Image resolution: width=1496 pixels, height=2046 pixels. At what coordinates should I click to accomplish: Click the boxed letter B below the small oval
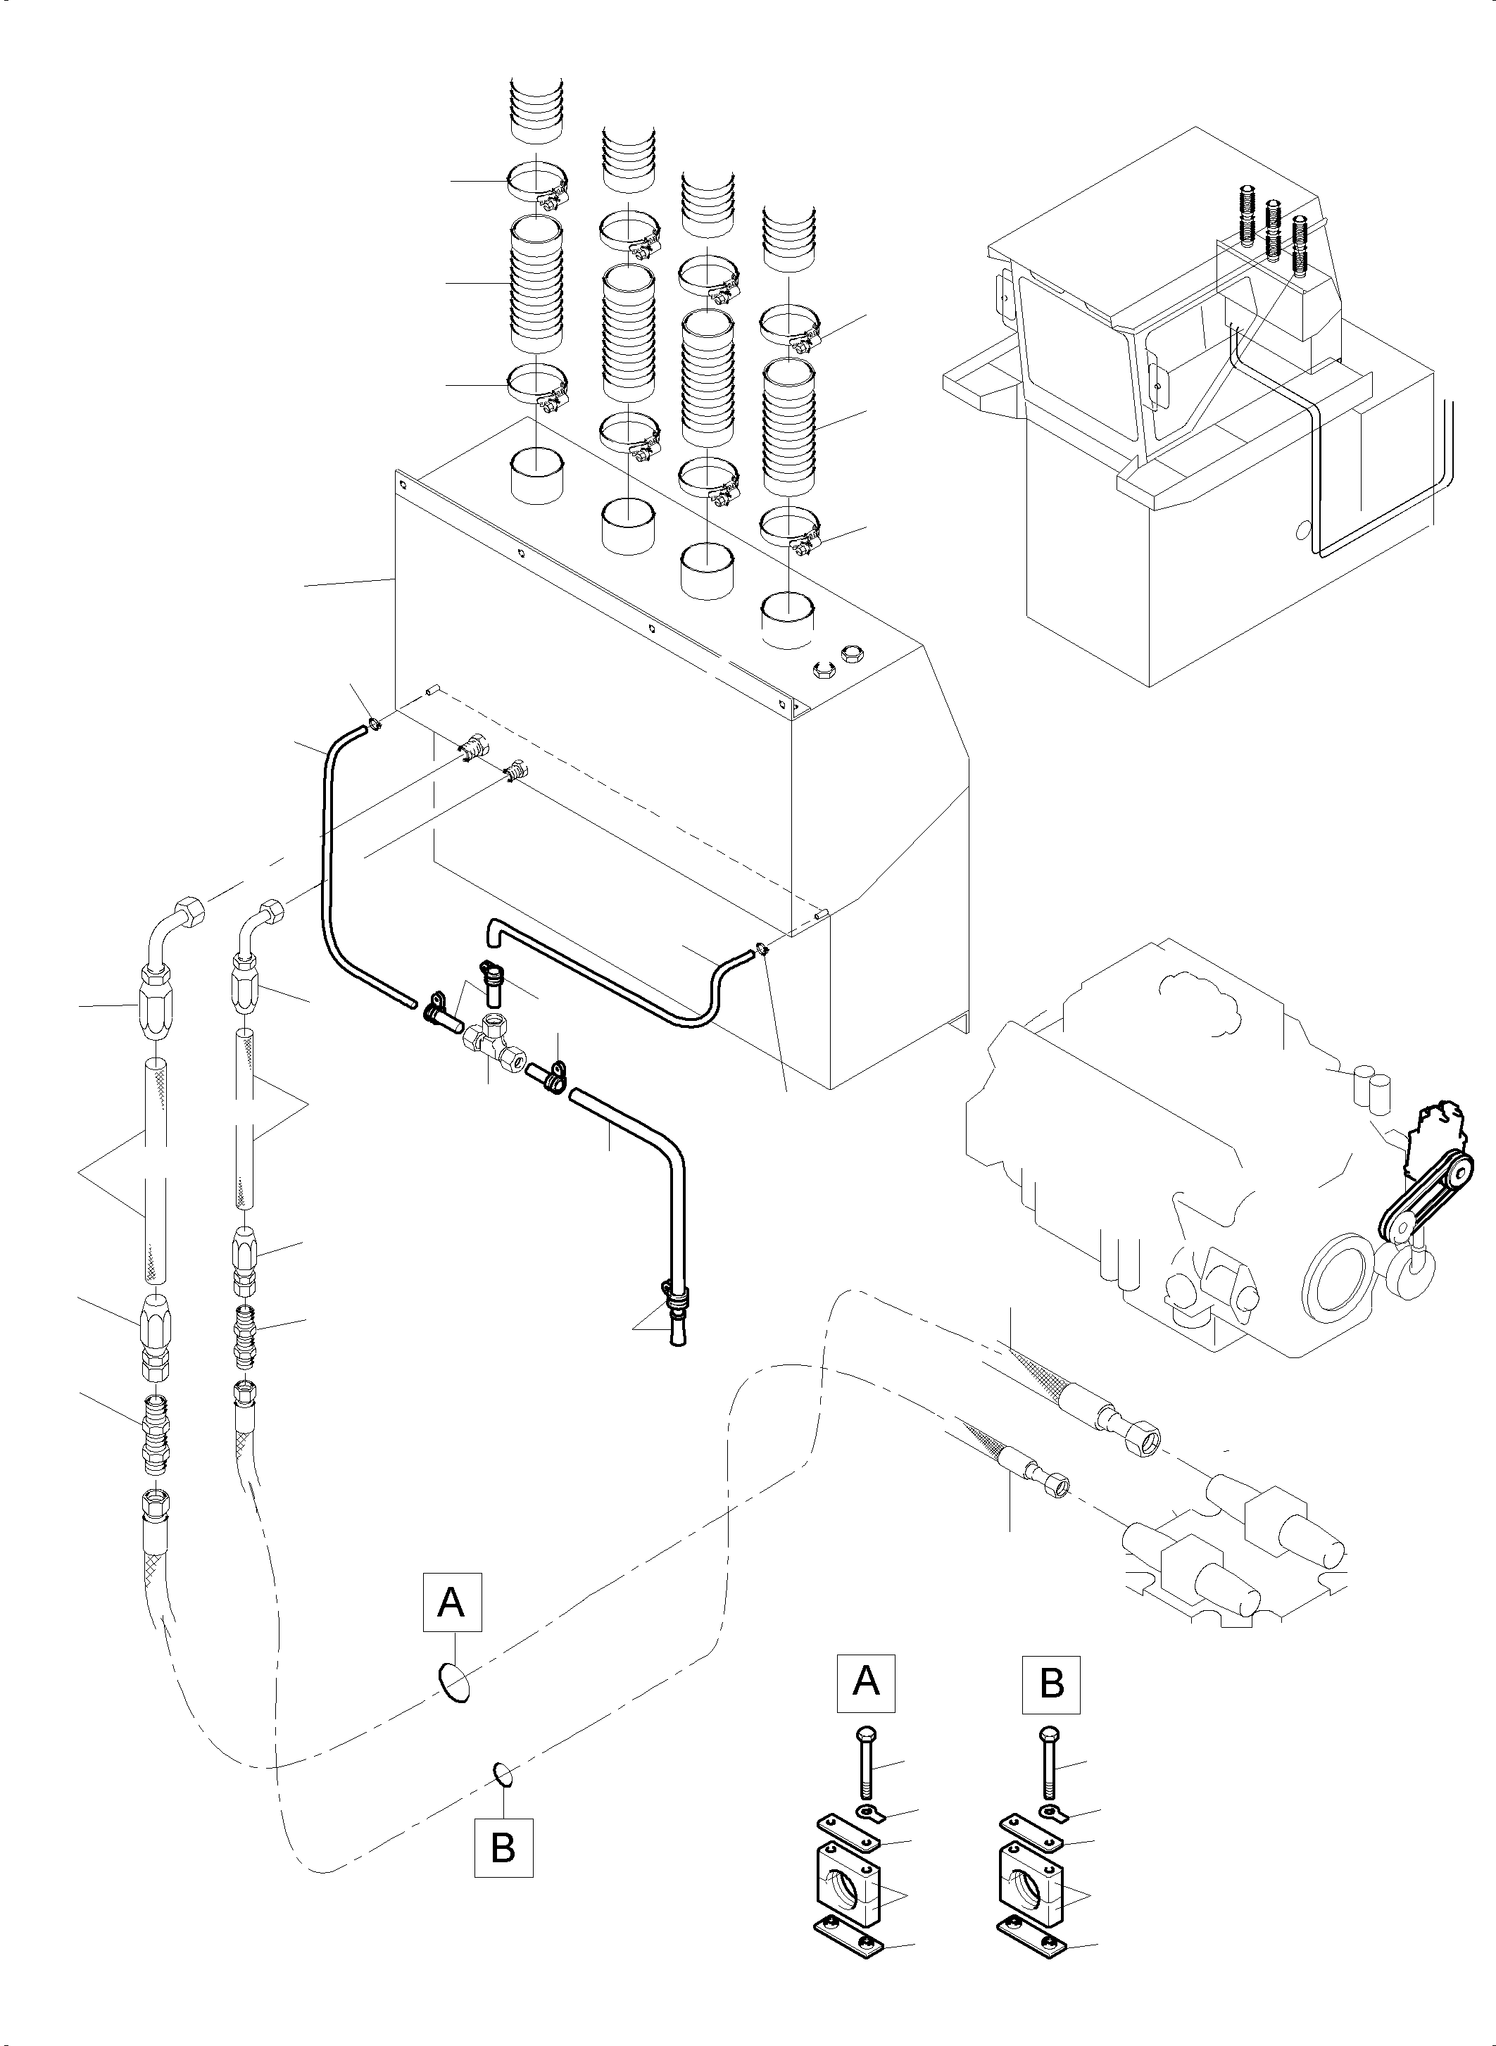pos(503,1847)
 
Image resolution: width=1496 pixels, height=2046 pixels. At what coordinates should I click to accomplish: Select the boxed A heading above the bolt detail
pos(866,1682)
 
